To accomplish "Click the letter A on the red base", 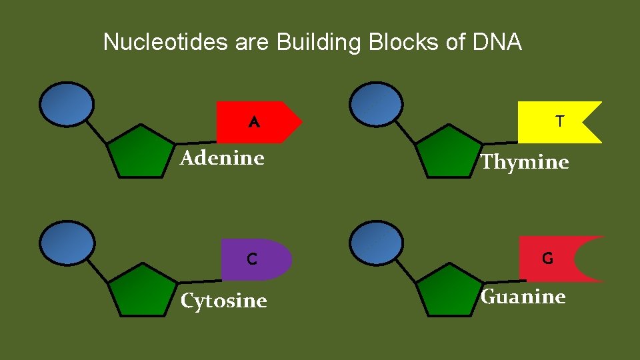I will pyautogui.click(x=253, y=123).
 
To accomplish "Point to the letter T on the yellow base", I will pyautogui.click(x=560, y=121).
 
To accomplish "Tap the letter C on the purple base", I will pyautogui.click(x=252, y=259).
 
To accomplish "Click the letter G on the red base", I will pyautogui.click(x=547, y=258).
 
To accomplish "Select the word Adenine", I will pyautogui.click(x=223, y=159).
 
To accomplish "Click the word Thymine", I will pyautogui.click(x=525, y=162).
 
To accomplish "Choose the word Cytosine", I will pyautogui.click(x=224, y=301).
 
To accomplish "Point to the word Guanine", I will pyautogui.click(x=523, y=297).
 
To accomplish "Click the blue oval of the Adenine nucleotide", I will pyautogui.click(x=67, y=103).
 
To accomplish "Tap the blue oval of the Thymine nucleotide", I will pyautogui.click(x=377, y=104).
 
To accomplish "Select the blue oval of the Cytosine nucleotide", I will pyautogui.click(x=67, y=243).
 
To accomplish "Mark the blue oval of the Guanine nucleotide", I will pyautogui.click(x=377, y=243).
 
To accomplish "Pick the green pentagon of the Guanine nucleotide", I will pyautogui.click(x=447, y=291).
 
